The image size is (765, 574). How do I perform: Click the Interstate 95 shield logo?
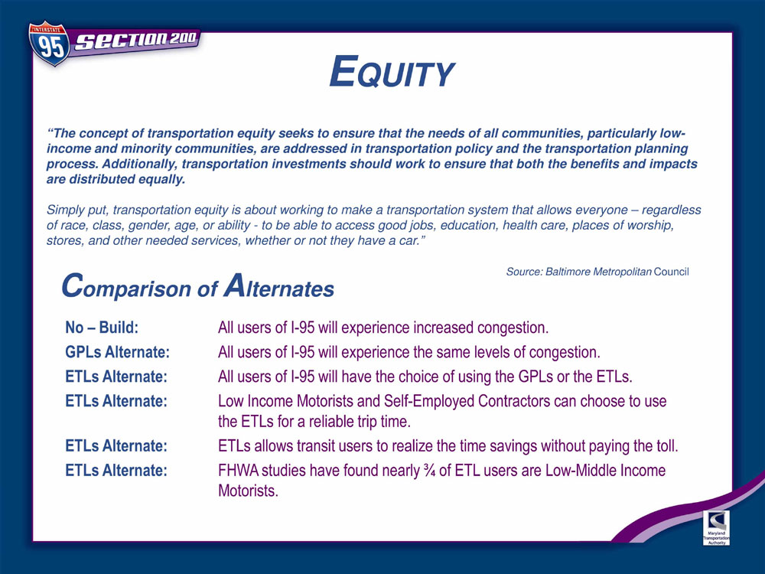coord(49,44)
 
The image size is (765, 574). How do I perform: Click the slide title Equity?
coord(392,72)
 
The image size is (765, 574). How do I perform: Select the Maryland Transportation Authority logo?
coord(716,527)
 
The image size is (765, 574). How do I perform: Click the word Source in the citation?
coord(524,272)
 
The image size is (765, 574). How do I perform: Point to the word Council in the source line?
coord(672,272)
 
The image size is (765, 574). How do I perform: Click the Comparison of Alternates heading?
coord(197,286)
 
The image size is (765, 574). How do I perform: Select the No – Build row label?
coord(102,327)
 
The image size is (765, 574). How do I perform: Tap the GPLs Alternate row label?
coord(118,352)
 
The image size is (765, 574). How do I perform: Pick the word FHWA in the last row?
coord(239,471)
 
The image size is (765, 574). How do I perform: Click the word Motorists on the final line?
coord(248,491)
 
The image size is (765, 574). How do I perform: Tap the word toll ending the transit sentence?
coord(666,445)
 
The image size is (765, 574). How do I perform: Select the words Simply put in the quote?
coord(77,210)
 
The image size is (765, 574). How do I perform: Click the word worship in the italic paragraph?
coord(649,226)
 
